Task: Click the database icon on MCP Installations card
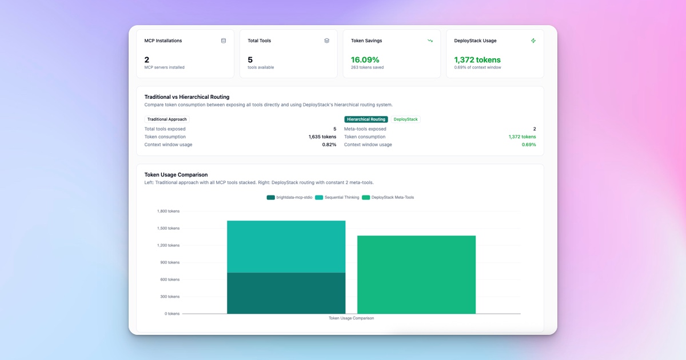click(224, 41)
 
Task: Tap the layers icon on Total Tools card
click(326, 41)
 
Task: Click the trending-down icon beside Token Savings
click(430, 41)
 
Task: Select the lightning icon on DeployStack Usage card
click(533, 41)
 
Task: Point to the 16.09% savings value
click(365, 59)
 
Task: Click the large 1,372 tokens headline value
click(477, 59)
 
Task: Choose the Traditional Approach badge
click(166, 119)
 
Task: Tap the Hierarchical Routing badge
click(366, 119)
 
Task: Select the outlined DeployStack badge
click(405, 119)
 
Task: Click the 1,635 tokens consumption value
click(322, 137)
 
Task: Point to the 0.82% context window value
click(329, 145)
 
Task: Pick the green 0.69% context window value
click(529, 145)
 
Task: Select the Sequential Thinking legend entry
click(337, 197)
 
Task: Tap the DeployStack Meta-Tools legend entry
click(388, 197)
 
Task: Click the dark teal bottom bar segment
click(286, 293)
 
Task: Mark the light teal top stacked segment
click(286, 246)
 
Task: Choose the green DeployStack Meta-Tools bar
click(416, 274)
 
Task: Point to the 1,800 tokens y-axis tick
click(168, 211)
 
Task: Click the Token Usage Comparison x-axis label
click(351, 318)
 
